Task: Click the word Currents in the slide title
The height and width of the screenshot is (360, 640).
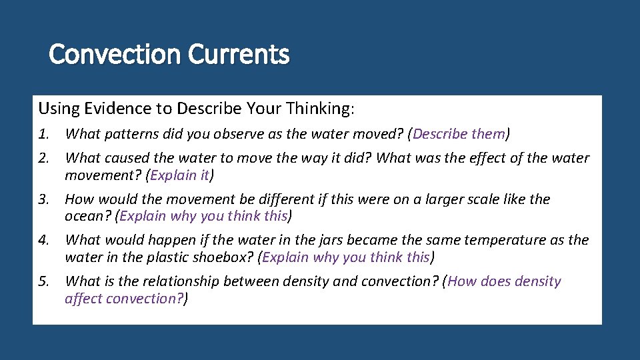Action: point(239,54)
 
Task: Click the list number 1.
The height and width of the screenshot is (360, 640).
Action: point(43,134)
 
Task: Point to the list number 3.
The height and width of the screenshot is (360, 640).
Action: point(43,199)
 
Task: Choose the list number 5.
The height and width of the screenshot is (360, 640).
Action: point(43,281)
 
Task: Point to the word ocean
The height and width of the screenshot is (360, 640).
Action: point(87,217)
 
